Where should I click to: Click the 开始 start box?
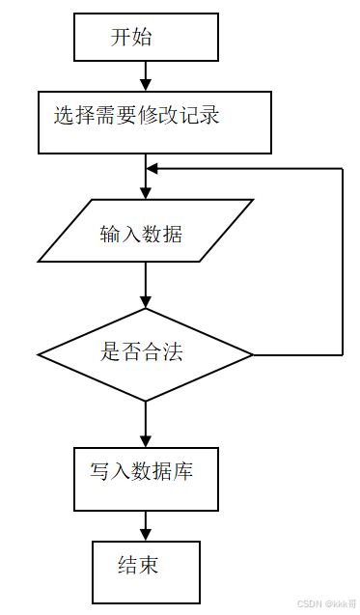click(146, 39)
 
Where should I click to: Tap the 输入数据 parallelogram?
click(146, 231)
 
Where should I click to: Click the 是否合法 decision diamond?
click(146, 354)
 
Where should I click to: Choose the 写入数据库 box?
click(146, 478)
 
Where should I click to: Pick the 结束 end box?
click(146, 572)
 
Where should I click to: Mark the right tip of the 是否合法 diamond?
click(253, 354)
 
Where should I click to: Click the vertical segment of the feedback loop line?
click(343, 261)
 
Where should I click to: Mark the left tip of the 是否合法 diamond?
click(40, 354)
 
